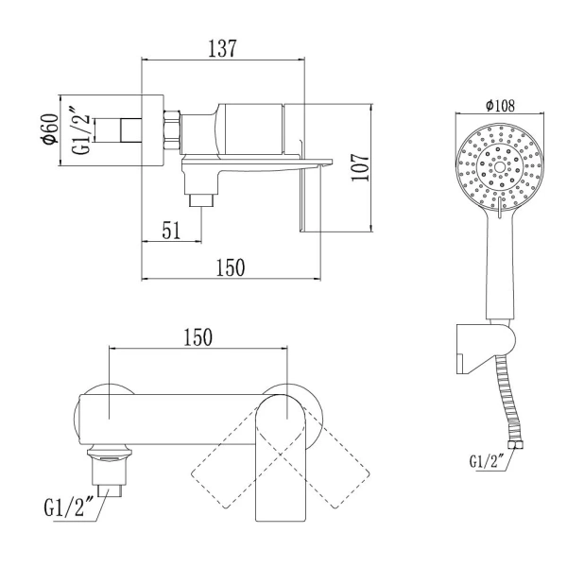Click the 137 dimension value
click(x=222, y=48)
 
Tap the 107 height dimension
click(x=361, y=167)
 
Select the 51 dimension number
click(x=171, y=230)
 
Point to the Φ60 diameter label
click(x=50, y=129)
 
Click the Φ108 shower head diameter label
click(x=500, y=106)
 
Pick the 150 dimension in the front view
click(x=198, y=337)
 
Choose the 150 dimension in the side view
click(x=231, y=267)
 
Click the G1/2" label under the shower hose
click(x=487, y=461)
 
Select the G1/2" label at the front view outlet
click(x=69, y=507)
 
